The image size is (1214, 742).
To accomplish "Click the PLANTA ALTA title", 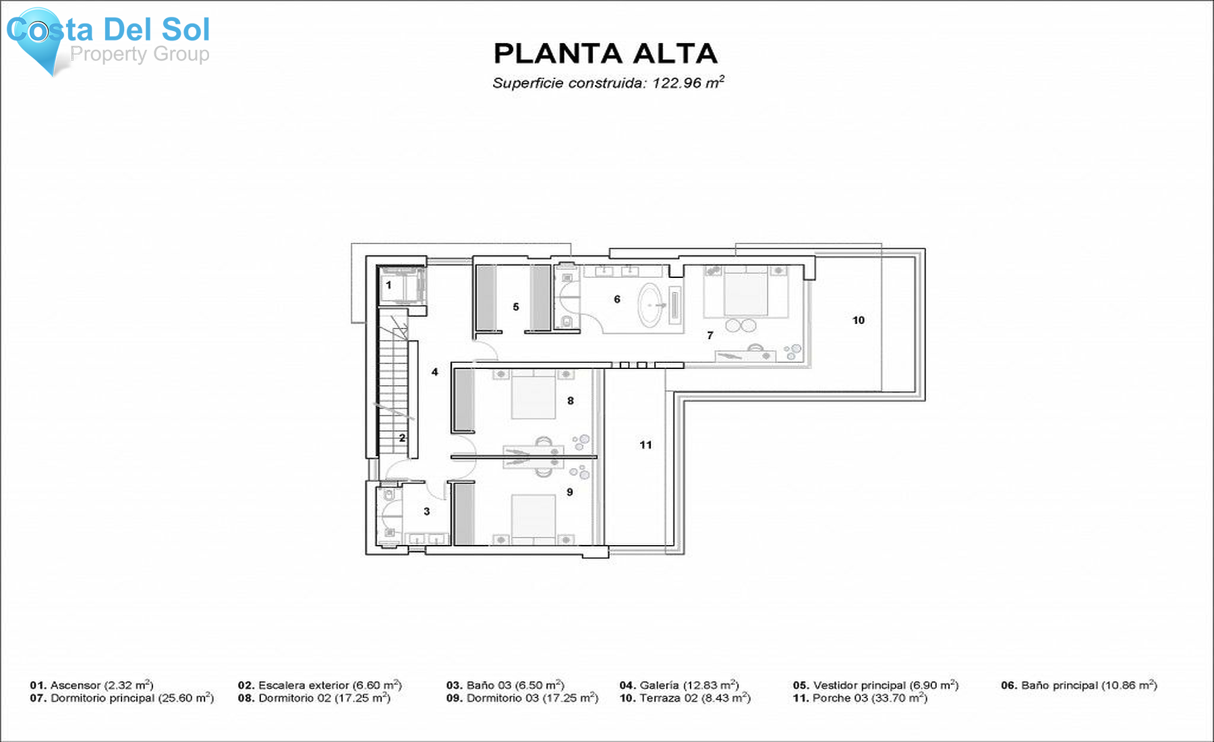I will click(605, 53).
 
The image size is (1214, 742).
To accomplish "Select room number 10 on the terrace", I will click(858, 320).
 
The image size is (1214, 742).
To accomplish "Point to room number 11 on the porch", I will click(645, 445).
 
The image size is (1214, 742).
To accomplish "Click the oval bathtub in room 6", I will click(651, 305).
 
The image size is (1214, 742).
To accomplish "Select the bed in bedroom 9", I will click(533, 517).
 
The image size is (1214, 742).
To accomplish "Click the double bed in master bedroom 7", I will click(745, 293).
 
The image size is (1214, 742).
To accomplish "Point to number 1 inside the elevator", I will click(388, 285).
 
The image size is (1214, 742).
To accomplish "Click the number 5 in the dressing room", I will click(516, 307).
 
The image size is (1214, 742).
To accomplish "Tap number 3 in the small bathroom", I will click(426, 511).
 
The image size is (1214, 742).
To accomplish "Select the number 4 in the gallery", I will click(434, 372).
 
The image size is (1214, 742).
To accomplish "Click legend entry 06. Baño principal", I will click(1078, 685).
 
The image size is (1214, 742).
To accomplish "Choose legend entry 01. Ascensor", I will click(91, 685).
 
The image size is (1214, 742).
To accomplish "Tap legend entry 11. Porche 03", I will click(859, 698).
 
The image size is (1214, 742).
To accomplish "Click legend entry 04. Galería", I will click(678, 685).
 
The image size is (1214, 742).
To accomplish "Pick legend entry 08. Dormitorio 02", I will click(314, 698).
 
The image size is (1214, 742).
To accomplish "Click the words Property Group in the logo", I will click(140, 54).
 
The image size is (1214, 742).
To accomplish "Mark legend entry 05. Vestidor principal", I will click(875, 685).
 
